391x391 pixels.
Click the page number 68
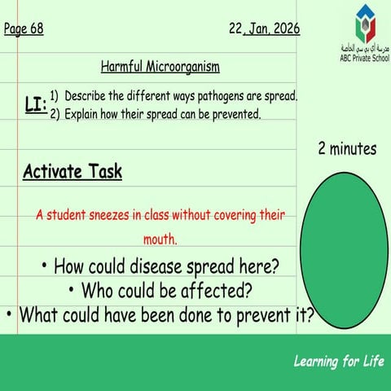[37, 29]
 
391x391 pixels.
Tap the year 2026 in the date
[287, 29]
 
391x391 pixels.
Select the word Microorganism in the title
[182, 67]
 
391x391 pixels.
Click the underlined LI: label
[36, 104]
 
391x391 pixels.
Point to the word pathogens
[221, 96]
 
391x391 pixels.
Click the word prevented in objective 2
[236, 114]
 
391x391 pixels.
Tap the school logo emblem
[365, 24]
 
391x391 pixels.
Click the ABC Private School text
[365, 58]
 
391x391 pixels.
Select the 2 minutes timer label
[347, 149]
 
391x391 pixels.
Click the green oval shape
[344, 250]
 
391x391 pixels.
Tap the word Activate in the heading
[52, 172]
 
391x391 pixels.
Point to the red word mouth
[160, 239]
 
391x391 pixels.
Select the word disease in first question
[156, 266]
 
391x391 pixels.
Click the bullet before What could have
[9, 314]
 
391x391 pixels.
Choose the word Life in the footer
[374, 362]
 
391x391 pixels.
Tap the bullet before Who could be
[71, 290]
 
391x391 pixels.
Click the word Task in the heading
[106, 172]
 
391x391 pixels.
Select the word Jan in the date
[258, 29]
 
